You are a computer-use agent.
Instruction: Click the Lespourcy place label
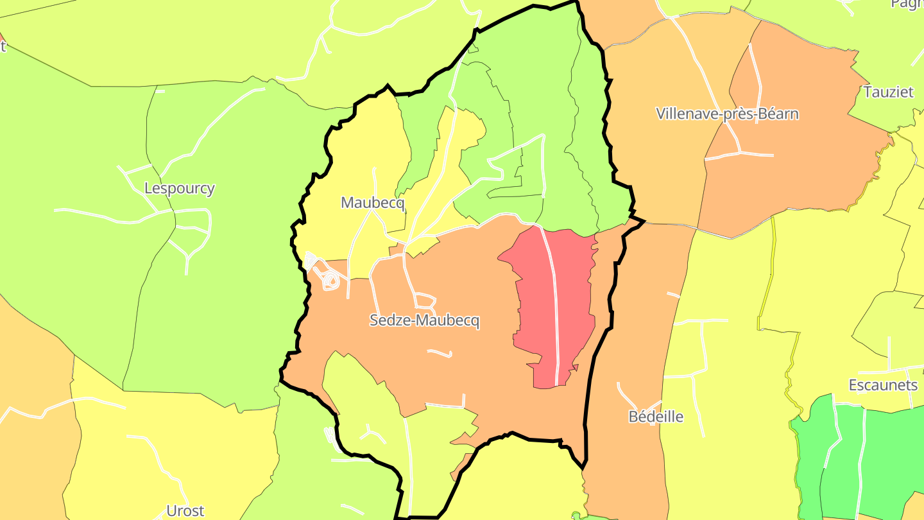click(179, 189)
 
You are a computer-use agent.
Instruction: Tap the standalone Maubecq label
click(373, 203)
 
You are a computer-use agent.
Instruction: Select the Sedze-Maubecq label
click(424, 320)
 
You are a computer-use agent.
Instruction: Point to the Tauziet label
click(888, 92)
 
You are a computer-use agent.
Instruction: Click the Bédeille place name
click(655, 417)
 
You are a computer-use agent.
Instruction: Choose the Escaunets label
click(883, 385)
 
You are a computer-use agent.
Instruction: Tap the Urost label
click(185, 511)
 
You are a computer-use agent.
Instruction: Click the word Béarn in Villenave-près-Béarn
click(778, 114)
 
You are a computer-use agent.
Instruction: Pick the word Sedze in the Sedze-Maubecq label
click(388, 320)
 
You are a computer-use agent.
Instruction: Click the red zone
click(571, 302)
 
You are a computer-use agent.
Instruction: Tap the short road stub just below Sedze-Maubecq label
click(440, 352)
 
